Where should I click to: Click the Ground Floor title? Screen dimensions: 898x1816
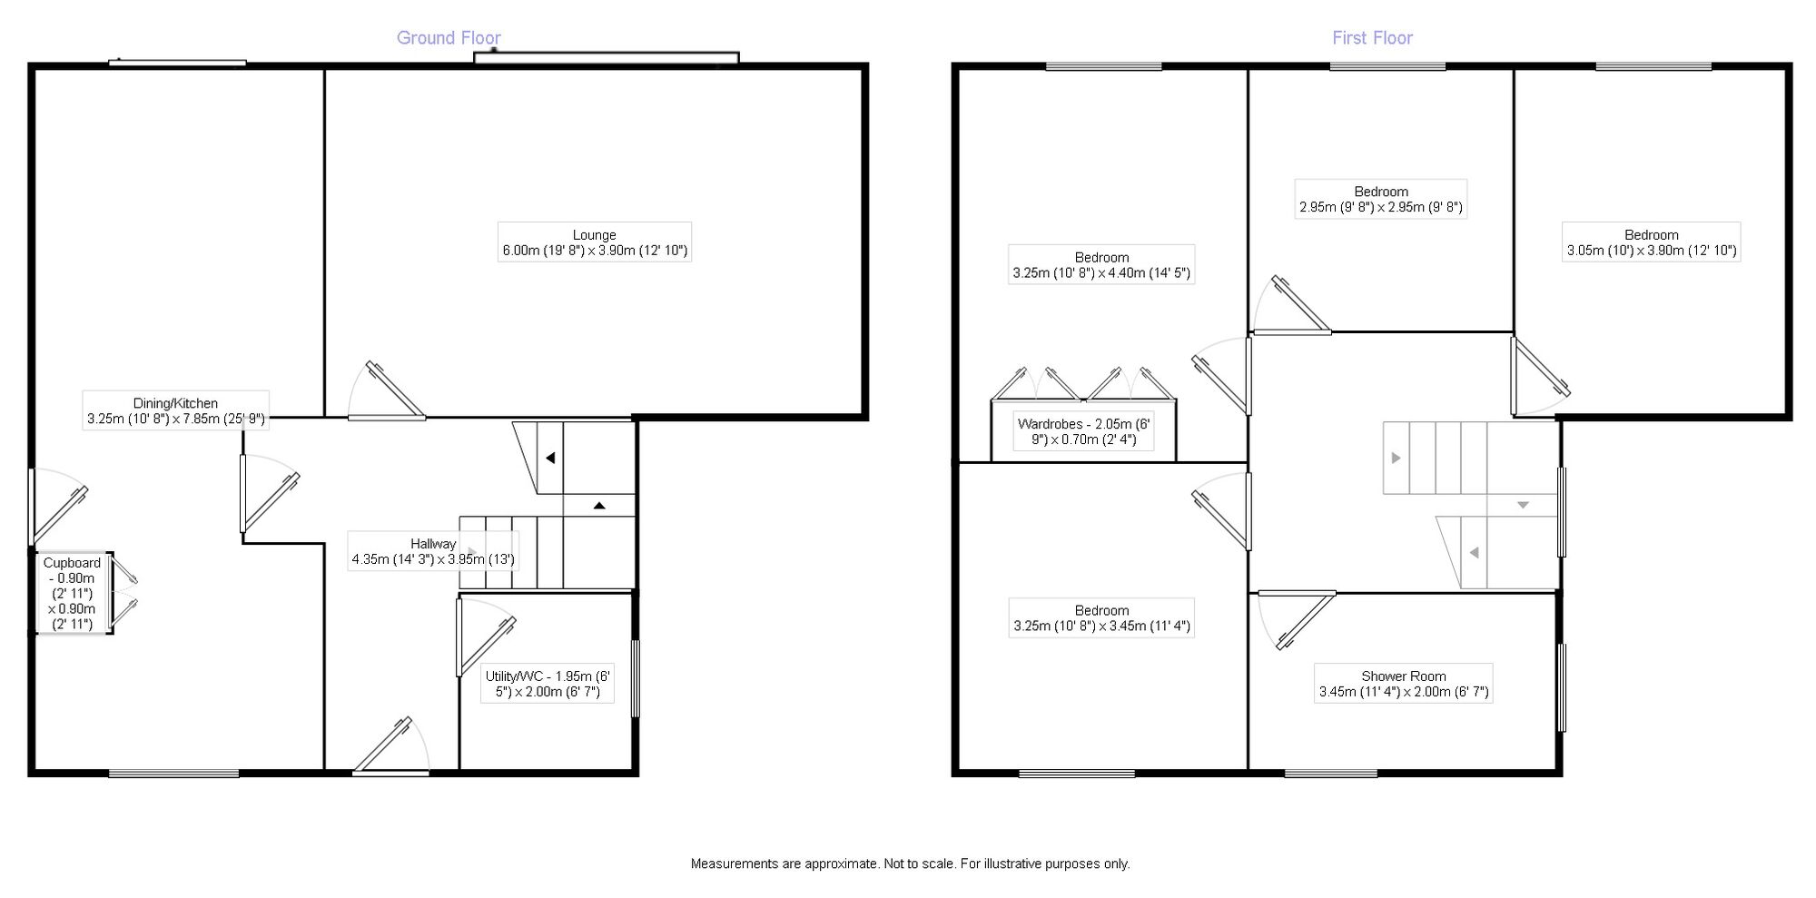pyautogui.click(x=449, y=38)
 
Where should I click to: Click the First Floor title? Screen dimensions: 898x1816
pyautogui.click(x=1372, y=38)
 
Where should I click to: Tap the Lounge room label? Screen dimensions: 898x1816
pyautogui.click(x=595, y=242)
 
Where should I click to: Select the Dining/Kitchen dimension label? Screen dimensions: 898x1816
pyautogui.click(x=175, y=411)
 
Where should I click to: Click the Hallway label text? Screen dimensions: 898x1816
pyautogui.click(x=433, y=551)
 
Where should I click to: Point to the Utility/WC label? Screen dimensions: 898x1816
pyautogui.click(x=548, y=684)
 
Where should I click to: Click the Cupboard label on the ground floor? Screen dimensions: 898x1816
pyautogui.click(x=72, y=593)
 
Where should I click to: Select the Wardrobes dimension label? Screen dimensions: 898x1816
pyautogui.click(x=1083, y=432)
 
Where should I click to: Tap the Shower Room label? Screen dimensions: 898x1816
pyautogui.click(x=1403, y=684)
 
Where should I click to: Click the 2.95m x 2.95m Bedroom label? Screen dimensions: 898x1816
pyautogui.click(x=1381, y=199)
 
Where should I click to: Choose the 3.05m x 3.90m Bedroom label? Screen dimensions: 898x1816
pyautogui.click(x=1651, y=242)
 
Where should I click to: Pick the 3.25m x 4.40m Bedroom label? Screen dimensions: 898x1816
pyautogui.click(x=1101, y=264)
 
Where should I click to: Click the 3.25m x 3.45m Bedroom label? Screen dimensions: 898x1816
pyautogui.click(x=1101, y=617)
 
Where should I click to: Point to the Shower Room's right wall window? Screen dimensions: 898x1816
pyautogui.click(x=1562, y=687)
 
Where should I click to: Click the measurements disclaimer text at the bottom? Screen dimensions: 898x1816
pyautogui.click(x=910, y=863)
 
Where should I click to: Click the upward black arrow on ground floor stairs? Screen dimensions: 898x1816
pyautogui.click(x=599, y=506)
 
